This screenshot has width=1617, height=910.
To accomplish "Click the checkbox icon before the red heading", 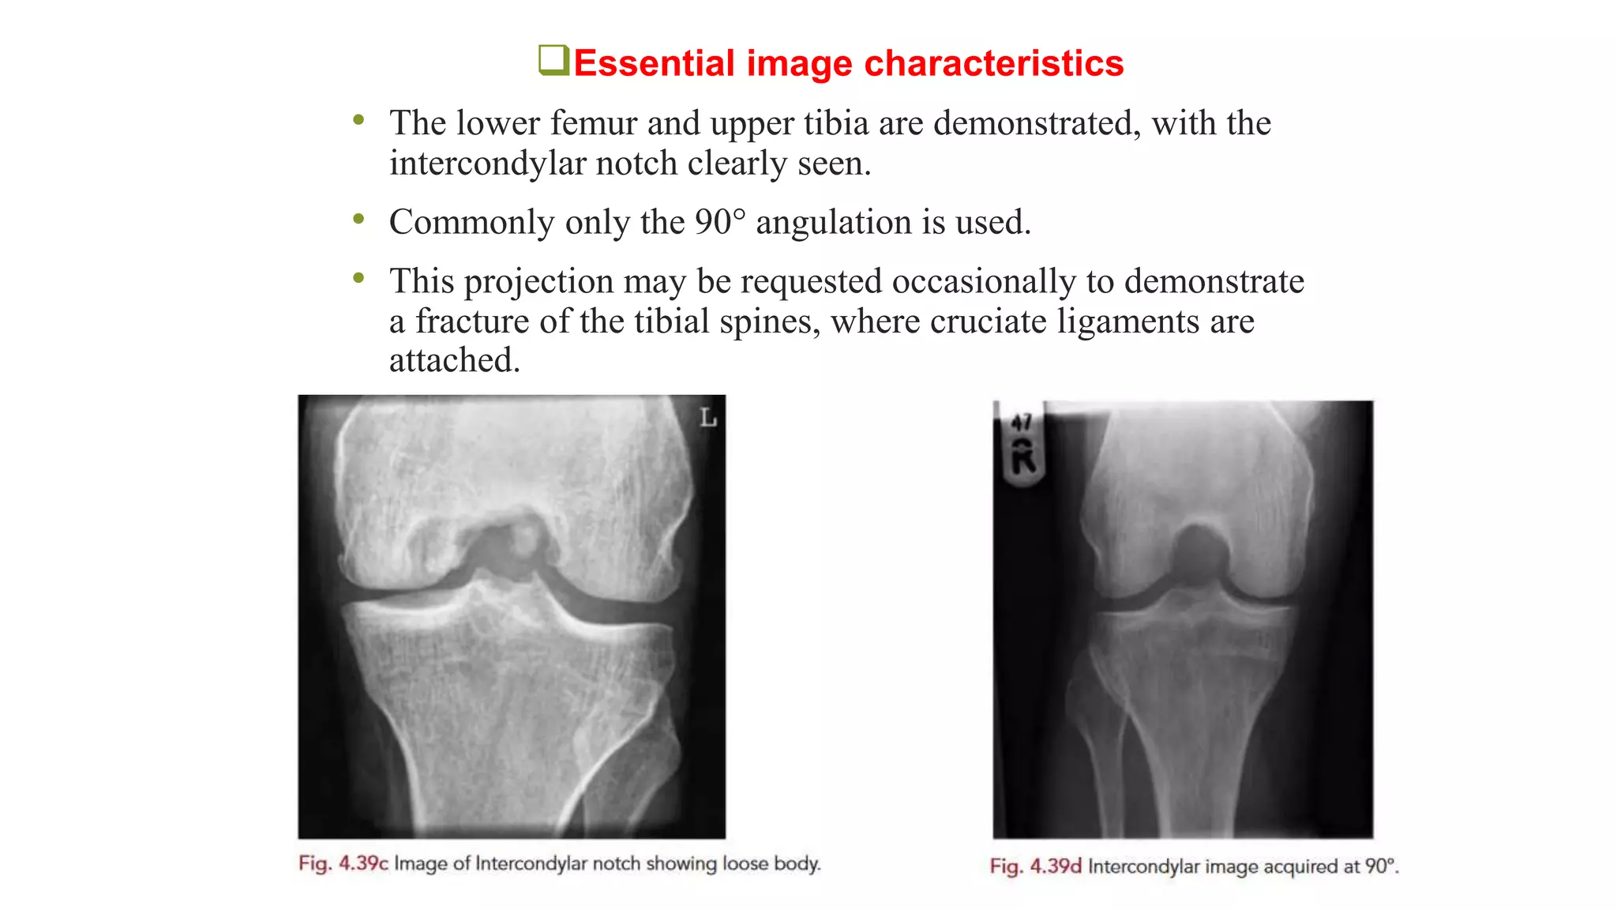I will click(553, 60).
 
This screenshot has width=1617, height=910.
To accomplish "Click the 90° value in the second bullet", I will click(719, 222).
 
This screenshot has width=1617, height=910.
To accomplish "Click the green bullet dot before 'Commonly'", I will click(359, 219).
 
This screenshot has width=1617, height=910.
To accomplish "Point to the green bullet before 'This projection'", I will click(359, 278).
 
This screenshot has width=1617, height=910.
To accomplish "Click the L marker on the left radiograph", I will click(707, 417).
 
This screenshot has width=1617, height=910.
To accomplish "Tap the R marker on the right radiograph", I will click(1023, 458).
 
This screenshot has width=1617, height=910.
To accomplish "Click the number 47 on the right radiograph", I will click(1022, 423).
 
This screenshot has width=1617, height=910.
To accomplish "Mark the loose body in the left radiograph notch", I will click(523, 540).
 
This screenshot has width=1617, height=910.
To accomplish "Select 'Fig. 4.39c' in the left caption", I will click(343, 863).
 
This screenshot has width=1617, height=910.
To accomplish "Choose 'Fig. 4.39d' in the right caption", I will click(1035, 867).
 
